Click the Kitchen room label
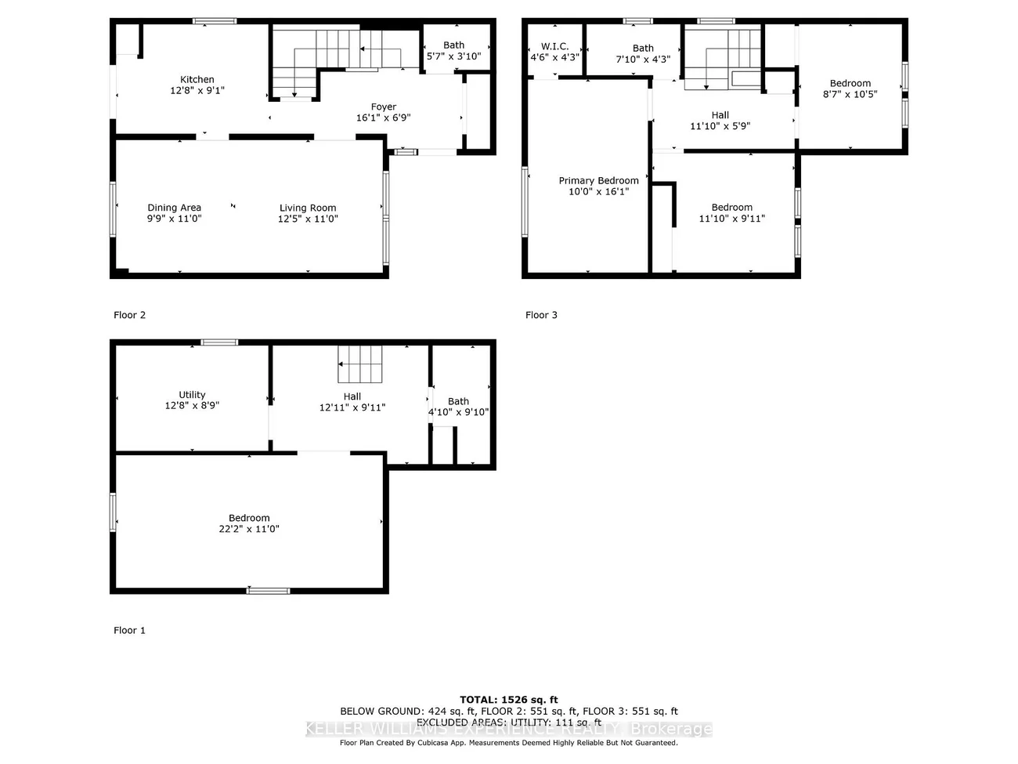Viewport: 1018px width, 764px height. [x=197, y=79]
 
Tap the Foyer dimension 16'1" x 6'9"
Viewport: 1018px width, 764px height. [x=383, y=118]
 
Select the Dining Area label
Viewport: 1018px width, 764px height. [x=174, y=208]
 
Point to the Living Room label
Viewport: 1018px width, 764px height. [x=308, y=208]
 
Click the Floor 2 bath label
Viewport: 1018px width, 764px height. [x=453, y=45]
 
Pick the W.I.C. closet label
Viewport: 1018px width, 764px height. [x=554, y=46]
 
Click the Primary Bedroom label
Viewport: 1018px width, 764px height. [x=598, y=180]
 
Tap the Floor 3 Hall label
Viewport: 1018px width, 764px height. [x=720, y=114]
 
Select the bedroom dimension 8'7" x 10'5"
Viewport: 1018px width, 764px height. [x=850, y=94]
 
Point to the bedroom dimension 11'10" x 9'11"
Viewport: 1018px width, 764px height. [x=731, y=219]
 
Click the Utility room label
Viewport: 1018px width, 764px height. [x=192, y=395]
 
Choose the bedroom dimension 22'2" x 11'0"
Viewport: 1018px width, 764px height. [x=249, y=529]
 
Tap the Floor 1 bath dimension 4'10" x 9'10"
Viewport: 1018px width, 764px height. [x=458, y=411]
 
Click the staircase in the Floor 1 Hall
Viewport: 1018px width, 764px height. [x=360, y=364]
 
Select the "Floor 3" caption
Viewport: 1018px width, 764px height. [x=541, y=315]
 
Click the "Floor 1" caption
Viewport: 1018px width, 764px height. [x=129, y=630]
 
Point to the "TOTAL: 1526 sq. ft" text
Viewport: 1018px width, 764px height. [x=508, y=700]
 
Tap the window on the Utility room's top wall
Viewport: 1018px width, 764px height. [x=219, y=342]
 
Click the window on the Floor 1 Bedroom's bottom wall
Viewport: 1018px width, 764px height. [x=268, y=590]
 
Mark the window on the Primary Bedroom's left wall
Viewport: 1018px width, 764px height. [x=525, y=201]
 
